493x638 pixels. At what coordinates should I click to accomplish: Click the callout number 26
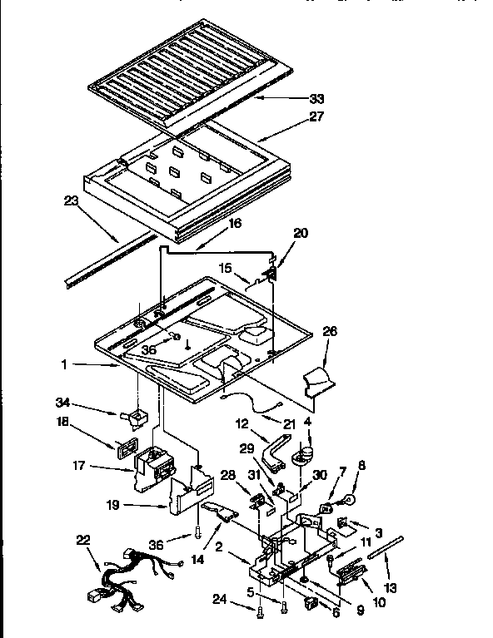tap(329, 331)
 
